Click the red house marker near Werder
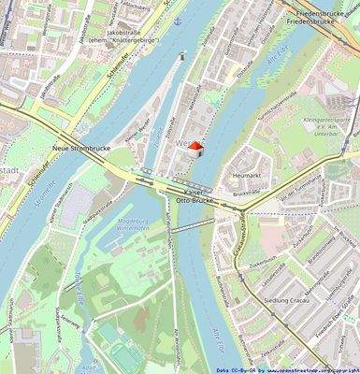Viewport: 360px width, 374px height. pyautogui.click(x=195, y=147)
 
